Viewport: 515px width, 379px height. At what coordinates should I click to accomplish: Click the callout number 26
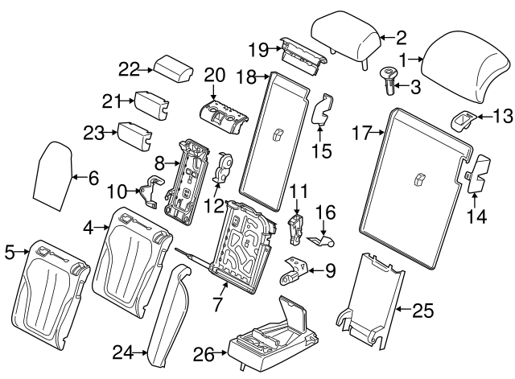click(x=204, y=354)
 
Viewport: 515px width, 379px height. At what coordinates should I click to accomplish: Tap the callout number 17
click(x=362, y=133)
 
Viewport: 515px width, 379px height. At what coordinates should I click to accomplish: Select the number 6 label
click(x=93, y=178)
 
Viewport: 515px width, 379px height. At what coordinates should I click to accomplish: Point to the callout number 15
click(x=322, y=151)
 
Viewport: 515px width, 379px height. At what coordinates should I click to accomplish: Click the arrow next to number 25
click(x=402, y=309)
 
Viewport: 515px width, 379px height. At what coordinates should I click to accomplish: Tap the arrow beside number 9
click(x=315, y=271)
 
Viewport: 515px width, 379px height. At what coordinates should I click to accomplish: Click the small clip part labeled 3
click(x=388, y=80)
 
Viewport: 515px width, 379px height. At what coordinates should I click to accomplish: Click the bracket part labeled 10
click(x=152, y=192)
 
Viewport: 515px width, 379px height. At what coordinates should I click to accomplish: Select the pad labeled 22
click(x=173, y=69)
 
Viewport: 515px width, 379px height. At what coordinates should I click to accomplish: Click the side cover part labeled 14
click(x=479, y=174)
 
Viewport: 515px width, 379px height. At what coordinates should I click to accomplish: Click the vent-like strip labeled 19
click(x=303, y=56)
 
